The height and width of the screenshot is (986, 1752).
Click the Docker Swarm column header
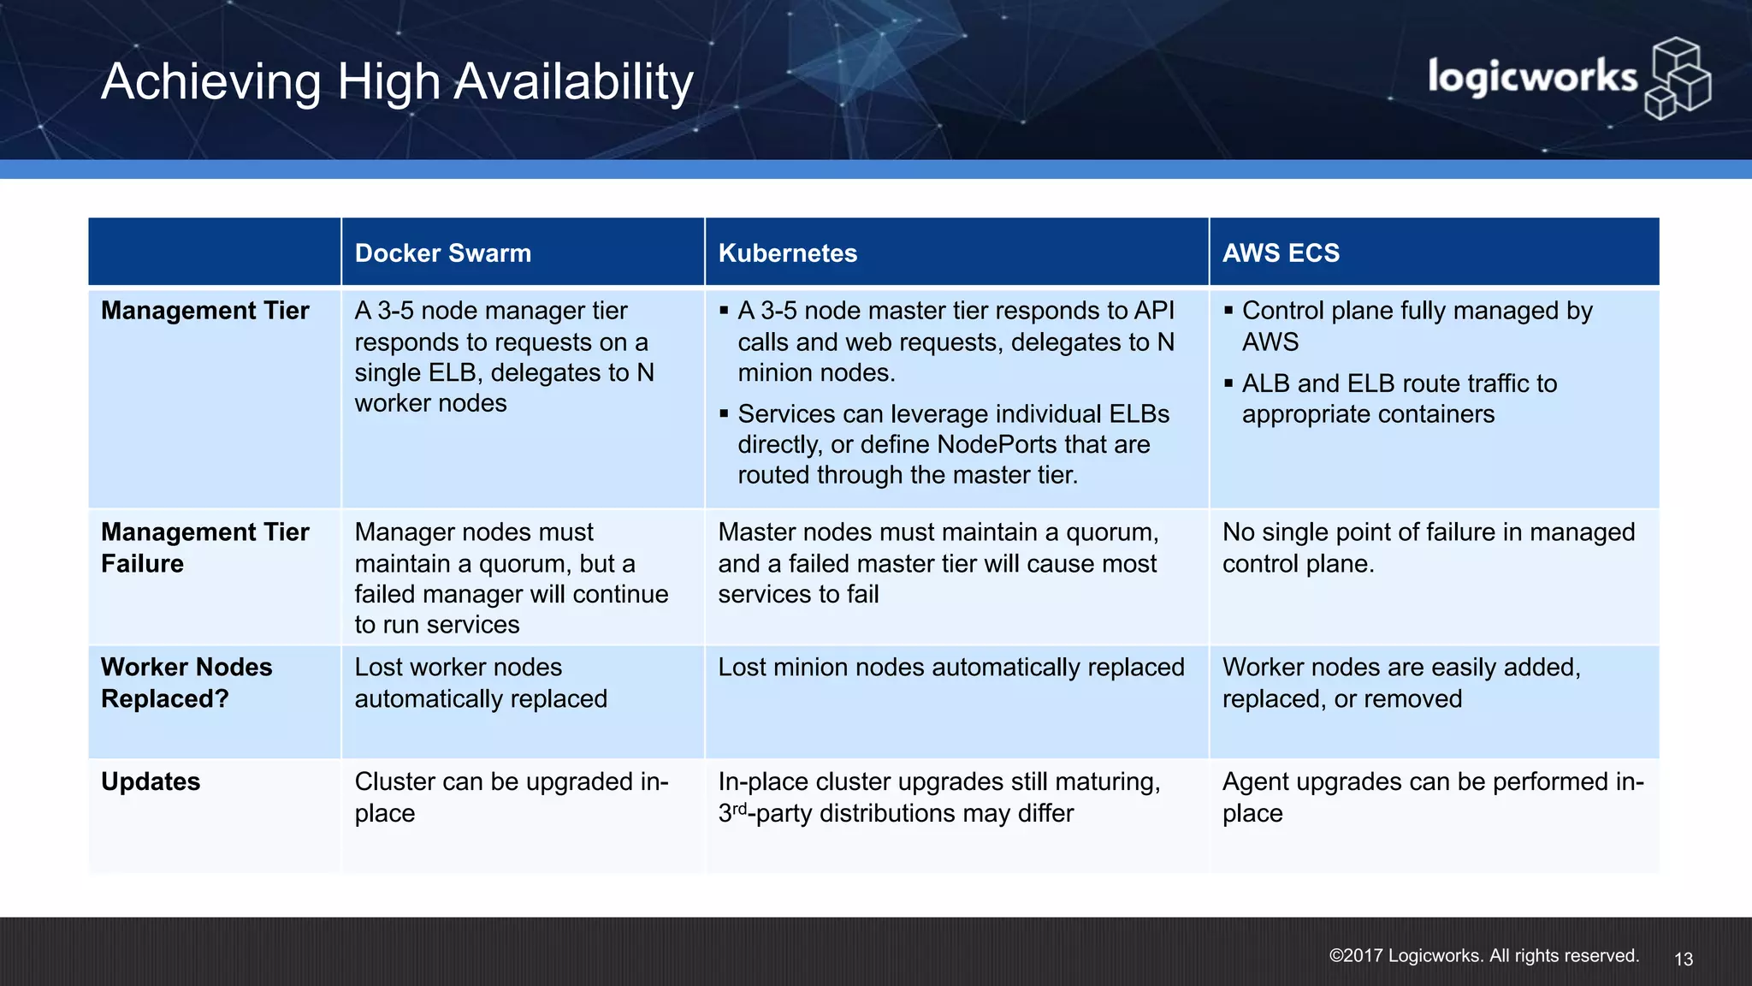click(x=442, y=253)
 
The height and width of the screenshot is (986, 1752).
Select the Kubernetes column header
click(x=787, y=253)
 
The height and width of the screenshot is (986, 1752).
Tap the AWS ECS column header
click(x=1281, y=253)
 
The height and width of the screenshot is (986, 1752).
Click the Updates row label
click(x=151, y=781)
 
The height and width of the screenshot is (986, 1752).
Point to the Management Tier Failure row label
click(x=204, y=548)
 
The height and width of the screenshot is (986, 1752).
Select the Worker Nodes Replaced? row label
click(x=186, y=683)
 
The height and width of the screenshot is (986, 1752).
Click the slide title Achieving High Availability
click(x=397, y=82)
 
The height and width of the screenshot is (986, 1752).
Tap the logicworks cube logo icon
click(x=1678, y=79)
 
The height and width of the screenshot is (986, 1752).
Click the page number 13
click(x=1683, y=959)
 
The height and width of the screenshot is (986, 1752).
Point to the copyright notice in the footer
click(x=1483, y=956)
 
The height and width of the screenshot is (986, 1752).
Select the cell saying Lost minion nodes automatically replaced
click(x=950, y=668)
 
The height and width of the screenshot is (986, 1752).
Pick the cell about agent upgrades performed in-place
click(x=1432, y=797)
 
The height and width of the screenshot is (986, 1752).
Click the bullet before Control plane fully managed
click(x=1228, y=311)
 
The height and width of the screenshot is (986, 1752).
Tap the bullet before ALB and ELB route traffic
click(x=1228, y=383)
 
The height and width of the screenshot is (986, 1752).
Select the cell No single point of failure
click(x=1428, y=548)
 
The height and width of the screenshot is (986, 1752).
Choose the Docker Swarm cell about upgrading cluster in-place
click(x=511, y=797)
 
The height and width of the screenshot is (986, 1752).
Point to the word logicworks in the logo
click(x=1531, y=77)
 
